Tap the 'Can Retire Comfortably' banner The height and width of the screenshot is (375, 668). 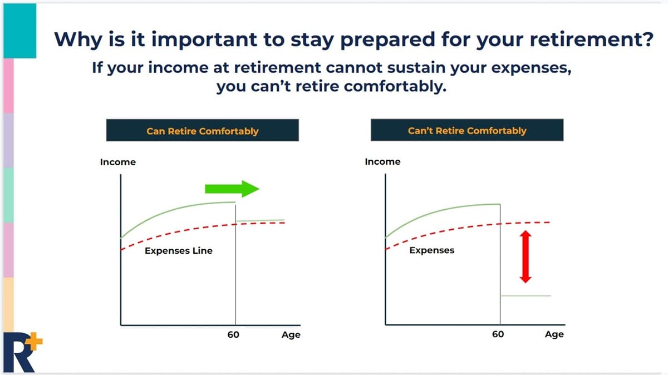tap(203, 131)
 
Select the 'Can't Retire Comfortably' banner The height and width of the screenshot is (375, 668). tap(466, 131)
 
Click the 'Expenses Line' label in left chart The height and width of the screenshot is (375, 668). tap(179, 251)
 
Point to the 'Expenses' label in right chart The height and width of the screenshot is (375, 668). tap(431, 250)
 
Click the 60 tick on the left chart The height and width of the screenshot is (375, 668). tap(233, 334)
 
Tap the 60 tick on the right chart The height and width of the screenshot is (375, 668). tap(498, 334)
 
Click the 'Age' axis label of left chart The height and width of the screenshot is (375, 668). tap(291, 334)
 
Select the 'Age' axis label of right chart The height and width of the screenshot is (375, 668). tap(554, 334)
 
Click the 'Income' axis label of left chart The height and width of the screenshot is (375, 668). tap(117, 162)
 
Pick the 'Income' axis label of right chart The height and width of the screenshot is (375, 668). tap(382, 161)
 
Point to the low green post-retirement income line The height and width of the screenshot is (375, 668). tap(525, 295)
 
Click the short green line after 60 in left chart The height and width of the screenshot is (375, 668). tap(259, 220)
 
